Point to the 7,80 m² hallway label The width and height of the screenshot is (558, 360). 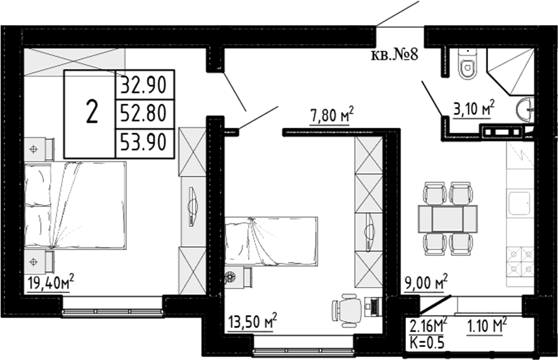(331, 117)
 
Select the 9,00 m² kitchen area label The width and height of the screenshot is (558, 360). (426, 283)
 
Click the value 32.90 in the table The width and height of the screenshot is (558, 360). (144, 84)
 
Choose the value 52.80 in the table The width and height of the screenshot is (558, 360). (144, 114)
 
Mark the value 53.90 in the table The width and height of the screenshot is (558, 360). (144, 142)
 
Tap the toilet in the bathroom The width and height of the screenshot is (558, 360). (466, 66)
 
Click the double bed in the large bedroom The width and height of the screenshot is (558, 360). (75, 205)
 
